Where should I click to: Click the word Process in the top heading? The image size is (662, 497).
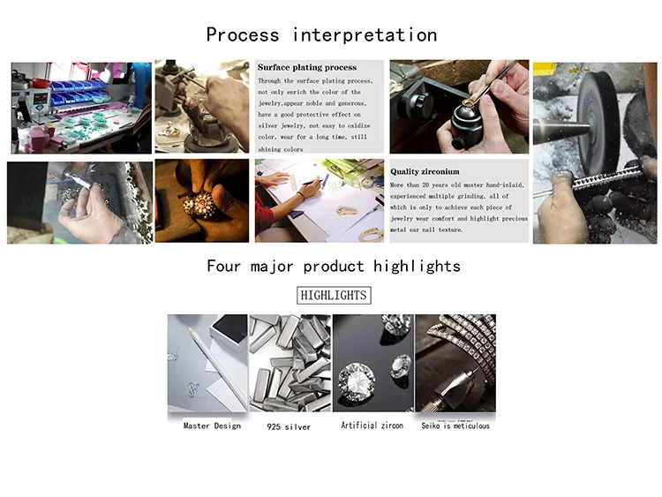pyautogui.click(x=243, y=34)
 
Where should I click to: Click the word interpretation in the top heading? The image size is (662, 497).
pyautogui.click(x=365, y=34)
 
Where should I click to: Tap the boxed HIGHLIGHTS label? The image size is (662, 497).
pyautogui.click(x=334, y=295)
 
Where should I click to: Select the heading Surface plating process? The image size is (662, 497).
pyautogui.click(x=307, y=68)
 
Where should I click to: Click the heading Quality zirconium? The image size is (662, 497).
pyautogui.click(x=425, y=171)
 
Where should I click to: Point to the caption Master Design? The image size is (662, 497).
pyautogui.click(x=212, y=425)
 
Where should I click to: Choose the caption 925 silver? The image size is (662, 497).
pyautogui.click(x=289, y=427)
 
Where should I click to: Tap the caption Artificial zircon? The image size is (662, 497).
pyautogui.click(x=372, y=425)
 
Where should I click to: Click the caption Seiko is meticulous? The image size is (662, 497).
pyautogui.click(x=455, y=425)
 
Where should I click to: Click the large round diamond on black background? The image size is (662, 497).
pyautogui.click(x=357, y=382)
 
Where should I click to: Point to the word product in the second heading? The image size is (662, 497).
pyautogui.click(x=334, y=267)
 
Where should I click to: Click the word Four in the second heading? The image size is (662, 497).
pyautogui.click(x=223, y=266)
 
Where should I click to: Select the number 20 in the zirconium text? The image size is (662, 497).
pyautogui.click(x=425, y=185)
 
